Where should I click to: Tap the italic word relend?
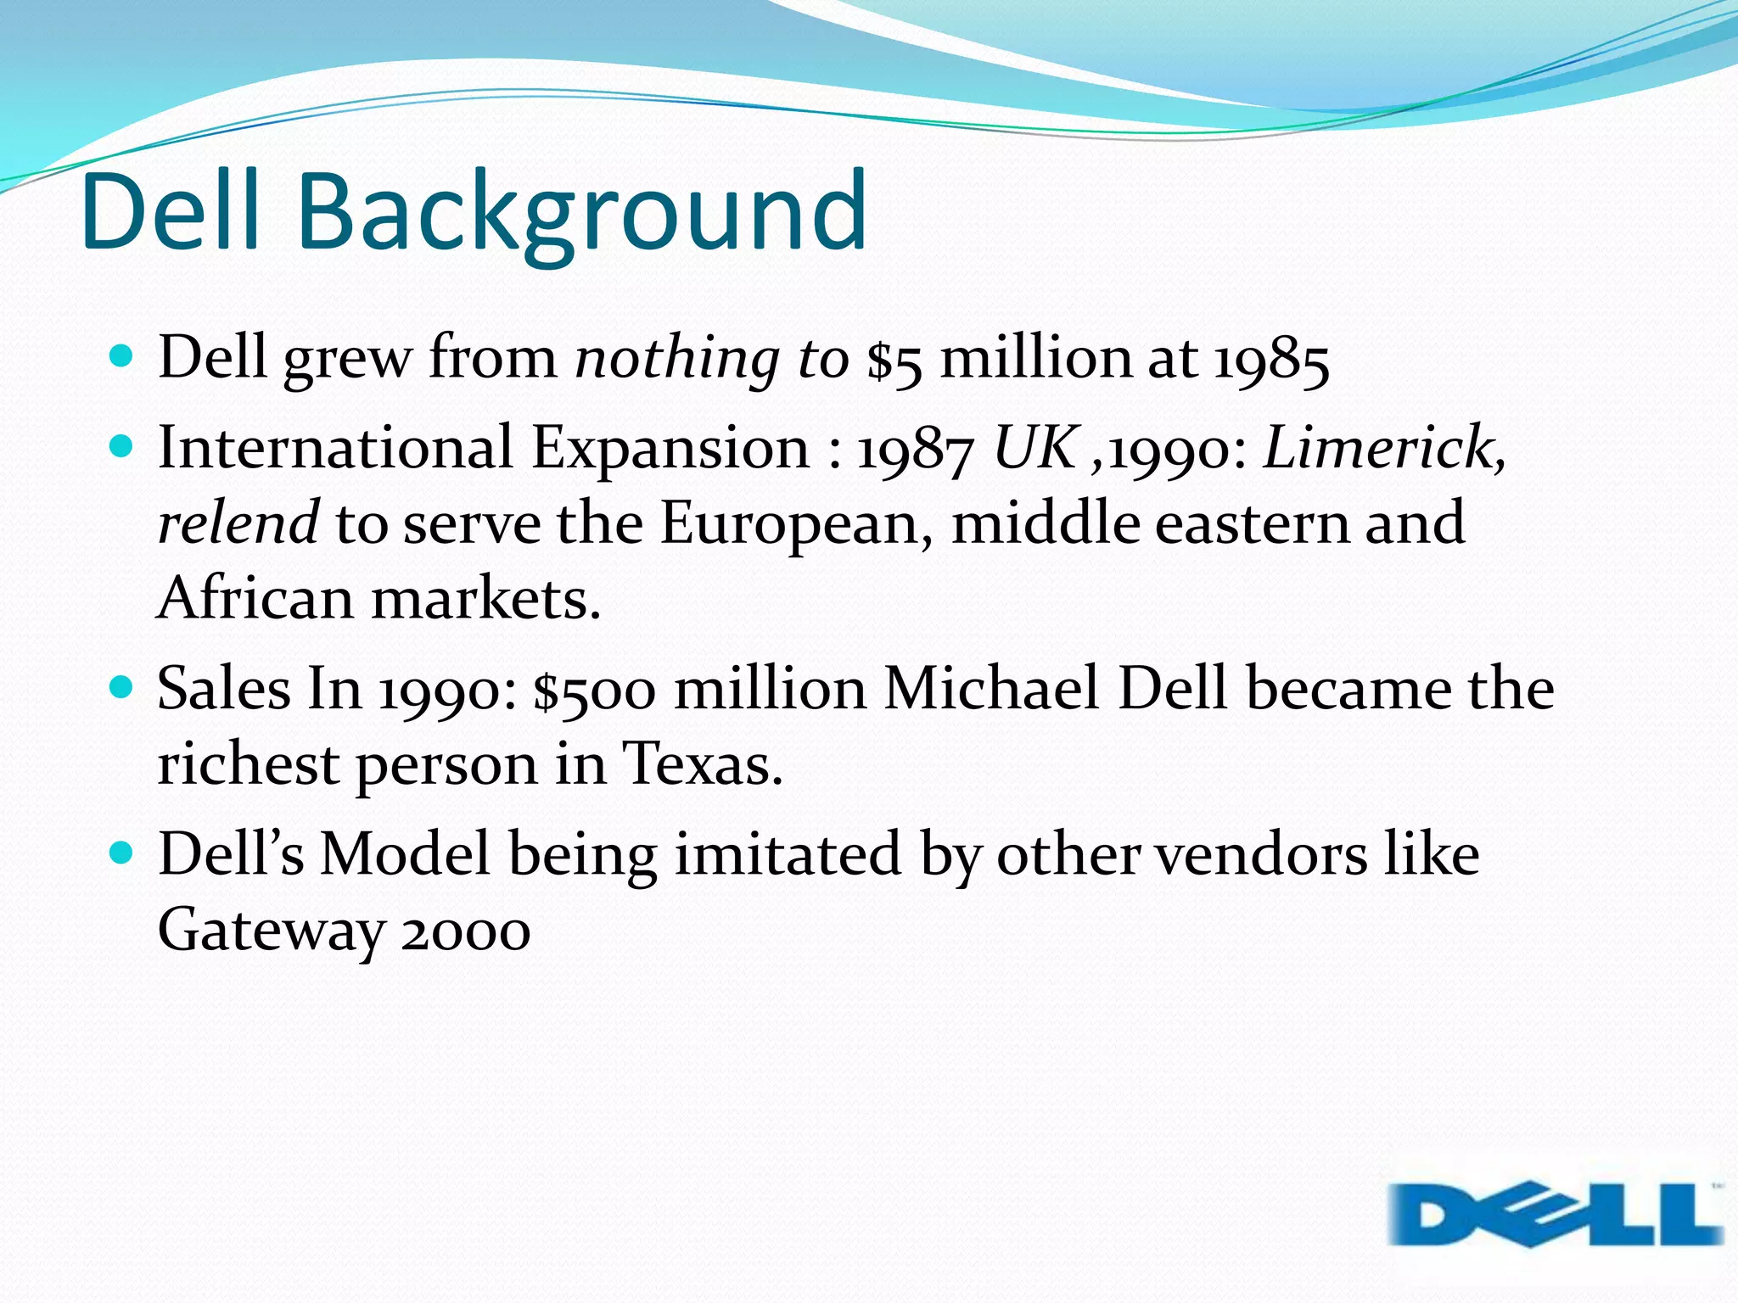point(238,523)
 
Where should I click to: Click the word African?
point(255,598)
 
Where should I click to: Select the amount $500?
point(594,689)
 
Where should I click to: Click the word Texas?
point(701,763)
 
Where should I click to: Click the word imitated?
point(788,853)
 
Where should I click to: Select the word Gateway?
point(271,931)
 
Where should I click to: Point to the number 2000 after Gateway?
point(466,931)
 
